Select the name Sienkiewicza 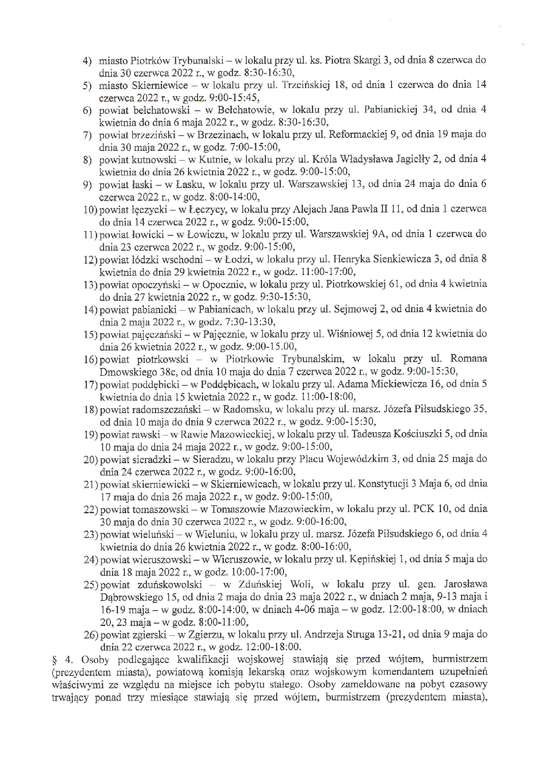(x=406, y=260)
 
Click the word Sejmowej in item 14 (x=353, y=309)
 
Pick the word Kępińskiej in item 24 (x=373, y=559)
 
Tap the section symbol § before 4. (x=55, y=659)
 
